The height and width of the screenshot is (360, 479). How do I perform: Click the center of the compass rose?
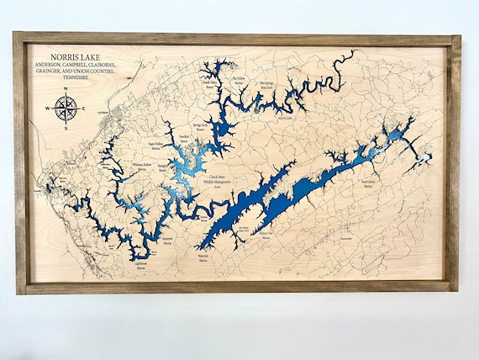67,108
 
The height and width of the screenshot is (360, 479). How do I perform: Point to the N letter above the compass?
67,90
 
